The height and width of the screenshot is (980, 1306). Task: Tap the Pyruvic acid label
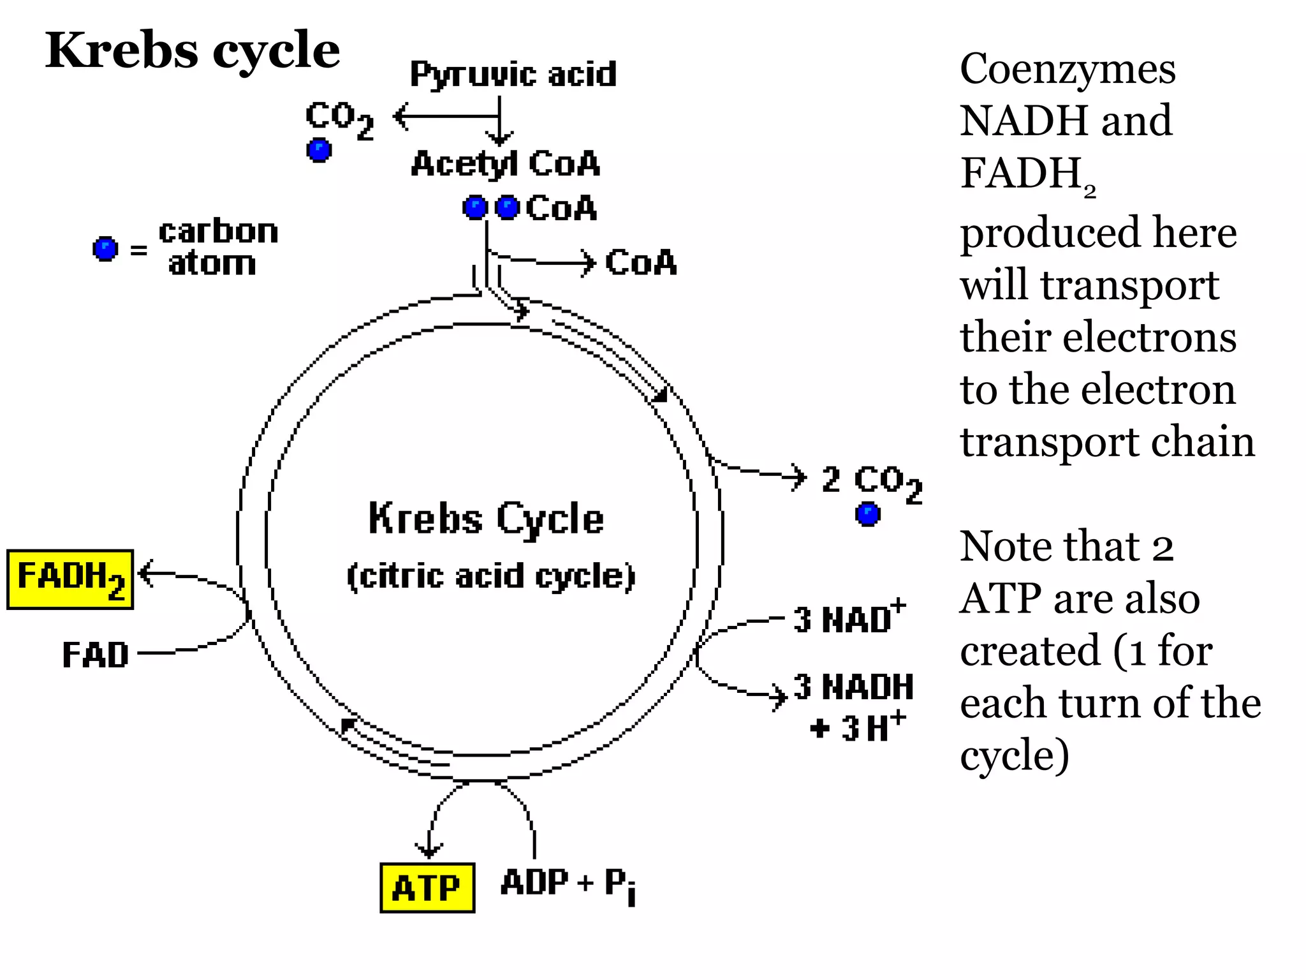tap(513, 74)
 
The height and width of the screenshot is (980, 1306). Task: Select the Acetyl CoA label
tap(505, 164)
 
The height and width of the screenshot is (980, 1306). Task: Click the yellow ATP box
tap(427, 887)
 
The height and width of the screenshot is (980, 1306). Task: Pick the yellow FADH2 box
tap(70, 579)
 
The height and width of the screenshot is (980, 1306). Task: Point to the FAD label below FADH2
tap(95, 655)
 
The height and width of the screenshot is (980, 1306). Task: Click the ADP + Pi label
tap(568, 884)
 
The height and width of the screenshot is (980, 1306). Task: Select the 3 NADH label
tap(853, 687)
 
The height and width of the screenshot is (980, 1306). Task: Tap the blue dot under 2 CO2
tap(867, 514)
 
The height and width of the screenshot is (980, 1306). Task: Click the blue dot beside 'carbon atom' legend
tap(105, 249)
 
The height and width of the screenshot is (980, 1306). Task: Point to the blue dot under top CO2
tap(319, 150)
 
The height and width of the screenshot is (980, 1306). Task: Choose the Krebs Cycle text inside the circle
tap(486, 518)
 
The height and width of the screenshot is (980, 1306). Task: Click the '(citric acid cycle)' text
tap(490, 576)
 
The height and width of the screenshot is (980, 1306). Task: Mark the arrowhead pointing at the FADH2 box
tap(145, 572)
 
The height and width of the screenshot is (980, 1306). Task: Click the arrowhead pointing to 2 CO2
tap(799, 477)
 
